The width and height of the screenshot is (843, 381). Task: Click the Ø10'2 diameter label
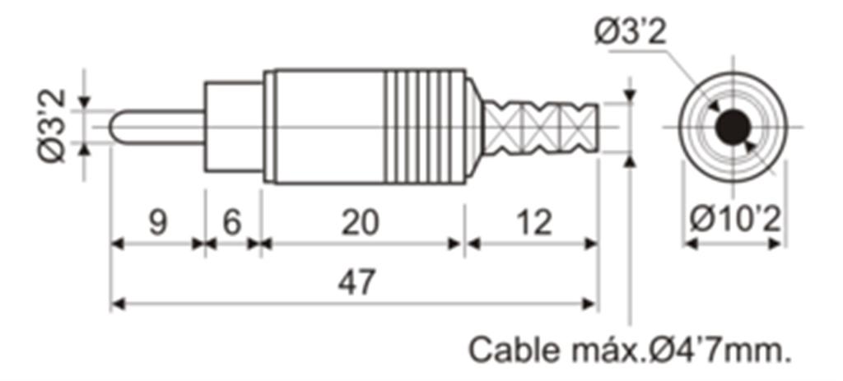[734, 221]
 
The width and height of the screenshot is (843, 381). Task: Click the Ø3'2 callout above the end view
[630, 32]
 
